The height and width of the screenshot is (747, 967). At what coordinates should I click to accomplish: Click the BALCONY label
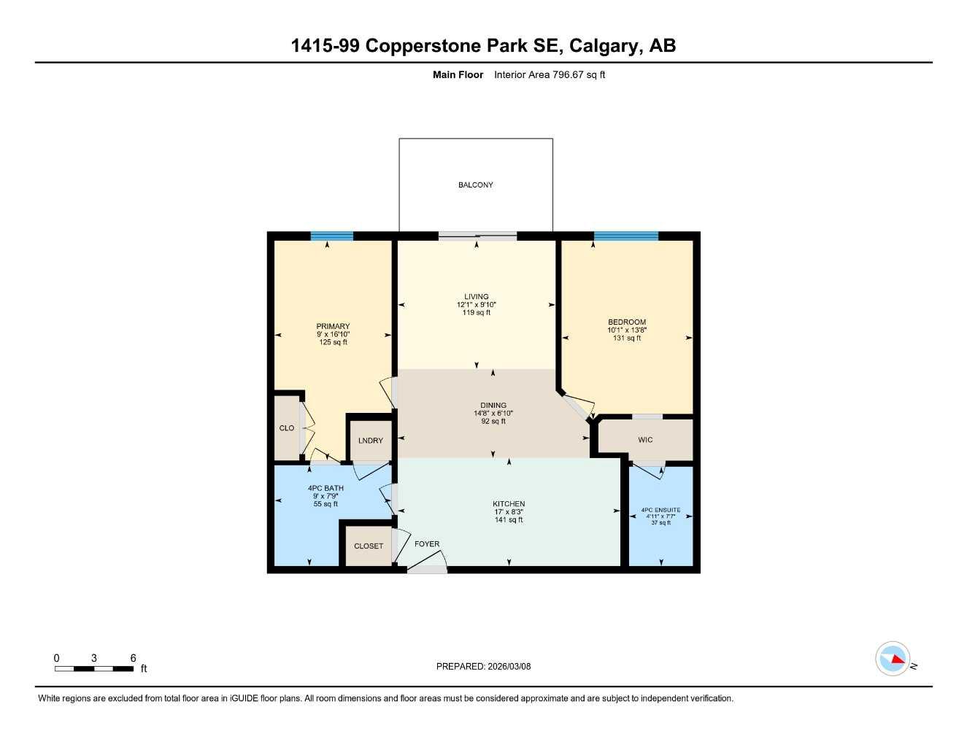pos(475,185)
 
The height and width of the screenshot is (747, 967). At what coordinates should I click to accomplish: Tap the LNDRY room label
pos(371,441)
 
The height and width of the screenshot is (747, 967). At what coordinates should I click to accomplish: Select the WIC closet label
pos(645,440)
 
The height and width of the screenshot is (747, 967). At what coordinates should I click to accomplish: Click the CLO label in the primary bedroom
pos(287,428)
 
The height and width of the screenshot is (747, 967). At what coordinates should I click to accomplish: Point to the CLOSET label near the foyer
pos(369,546)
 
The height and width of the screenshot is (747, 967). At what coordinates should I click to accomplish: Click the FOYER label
pos(427,544)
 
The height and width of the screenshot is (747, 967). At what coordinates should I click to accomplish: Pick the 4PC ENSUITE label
pos(660,510)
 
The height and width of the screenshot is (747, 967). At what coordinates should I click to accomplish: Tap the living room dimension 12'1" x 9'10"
pos(477,305)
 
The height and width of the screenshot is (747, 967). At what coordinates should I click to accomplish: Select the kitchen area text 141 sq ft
pos(509,520)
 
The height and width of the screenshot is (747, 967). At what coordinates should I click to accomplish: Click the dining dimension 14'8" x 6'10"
pos(493,414)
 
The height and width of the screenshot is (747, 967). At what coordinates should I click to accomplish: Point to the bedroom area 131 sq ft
pos(627,338)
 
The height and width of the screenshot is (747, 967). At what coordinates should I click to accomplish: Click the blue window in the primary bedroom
pos(332,236)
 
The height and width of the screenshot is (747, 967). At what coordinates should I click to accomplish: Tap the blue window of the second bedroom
pos(625,236)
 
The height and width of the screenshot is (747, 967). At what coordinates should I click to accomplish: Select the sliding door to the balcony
pos(477,236)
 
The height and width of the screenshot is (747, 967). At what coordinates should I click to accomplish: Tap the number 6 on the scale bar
pos(133,658)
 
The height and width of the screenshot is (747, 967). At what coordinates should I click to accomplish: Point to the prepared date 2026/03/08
pos(509,666)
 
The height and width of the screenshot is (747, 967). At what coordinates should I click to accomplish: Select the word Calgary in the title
pos(603,46)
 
